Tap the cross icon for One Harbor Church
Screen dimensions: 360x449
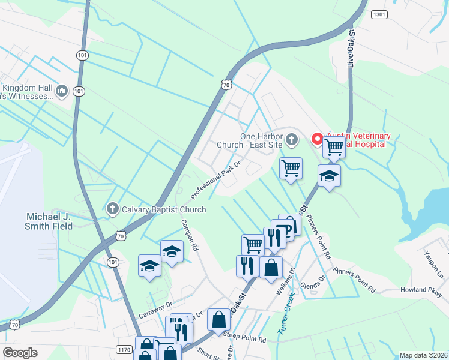(x=291, y=140)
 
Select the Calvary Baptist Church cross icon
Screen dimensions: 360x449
(x=112, y=209)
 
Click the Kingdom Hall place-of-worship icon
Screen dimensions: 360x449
(x=61, y=91)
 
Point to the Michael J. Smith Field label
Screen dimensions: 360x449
(x=49, y=221)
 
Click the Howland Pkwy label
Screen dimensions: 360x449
(x=424, y=290)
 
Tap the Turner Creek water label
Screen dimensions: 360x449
(x=285, y=316)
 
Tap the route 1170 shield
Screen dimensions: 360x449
(x=125, y=349)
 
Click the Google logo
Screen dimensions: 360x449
(x=20, y=353)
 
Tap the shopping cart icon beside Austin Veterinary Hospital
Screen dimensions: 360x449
(x=334, y=147)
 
